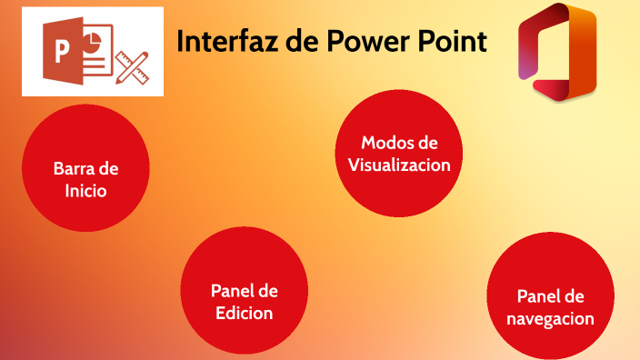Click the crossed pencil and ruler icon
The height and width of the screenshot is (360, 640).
tap(133, 60)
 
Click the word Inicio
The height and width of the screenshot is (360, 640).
tap(85, 192)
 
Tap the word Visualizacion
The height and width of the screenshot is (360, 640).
tap(399, 165)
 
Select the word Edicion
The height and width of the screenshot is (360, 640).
tap(245, 314)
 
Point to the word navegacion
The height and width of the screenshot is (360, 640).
tap(551, 319)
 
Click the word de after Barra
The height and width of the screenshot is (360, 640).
tap(108, 169)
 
